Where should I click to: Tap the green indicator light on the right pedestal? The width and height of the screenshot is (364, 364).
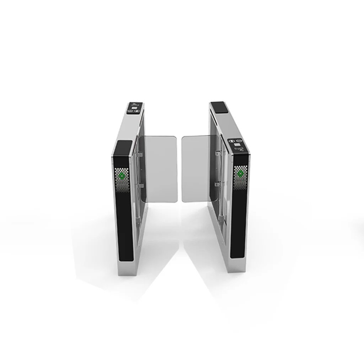click(x=240, y=173)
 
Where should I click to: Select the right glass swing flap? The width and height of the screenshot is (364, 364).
click(x=197, y=167)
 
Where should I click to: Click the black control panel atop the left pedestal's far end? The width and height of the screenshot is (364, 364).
click(x=135, y=107)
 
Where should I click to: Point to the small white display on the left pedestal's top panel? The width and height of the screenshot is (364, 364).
click(x=135, y=104)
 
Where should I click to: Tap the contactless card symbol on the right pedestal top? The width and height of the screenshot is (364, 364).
click(x=242, y=149)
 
